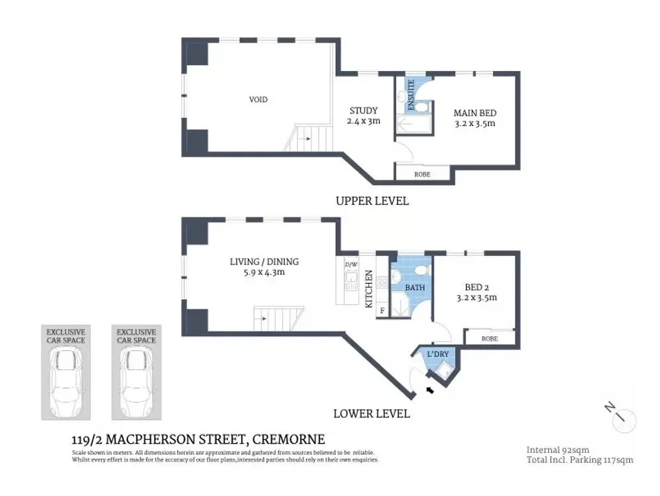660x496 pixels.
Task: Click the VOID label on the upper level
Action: (x=258, y=99)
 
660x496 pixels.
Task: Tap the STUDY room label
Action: (x=363, y=111)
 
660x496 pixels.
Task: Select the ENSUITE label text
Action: (x=411, y=95)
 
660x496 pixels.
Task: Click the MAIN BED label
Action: (x=474, y=113)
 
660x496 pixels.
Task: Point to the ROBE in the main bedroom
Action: (x=422, y=174)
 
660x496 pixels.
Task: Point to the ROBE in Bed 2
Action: (x=490, y=338)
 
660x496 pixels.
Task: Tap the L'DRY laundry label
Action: (x=437, y=354)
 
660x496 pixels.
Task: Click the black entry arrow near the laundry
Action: (x=430, y=390)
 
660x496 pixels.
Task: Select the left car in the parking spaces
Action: (x=64, y=383)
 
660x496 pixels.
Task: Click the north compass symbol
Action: (x=622, y=416)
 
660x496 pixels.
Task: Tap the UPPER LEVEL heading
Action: (x=372, y=201)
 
